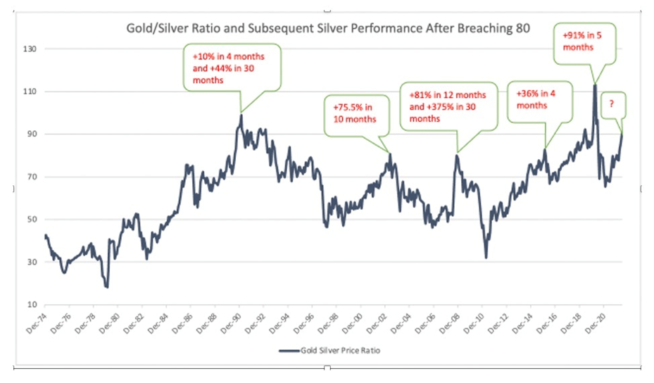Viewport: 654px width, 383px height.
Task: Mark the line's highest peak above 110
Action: pos(595,85)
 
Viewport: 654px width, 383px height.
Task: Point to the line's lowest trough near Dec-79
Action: pos(107,287)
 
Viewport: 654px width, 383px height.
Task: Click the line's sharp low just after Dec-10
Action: pos(486,257)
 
